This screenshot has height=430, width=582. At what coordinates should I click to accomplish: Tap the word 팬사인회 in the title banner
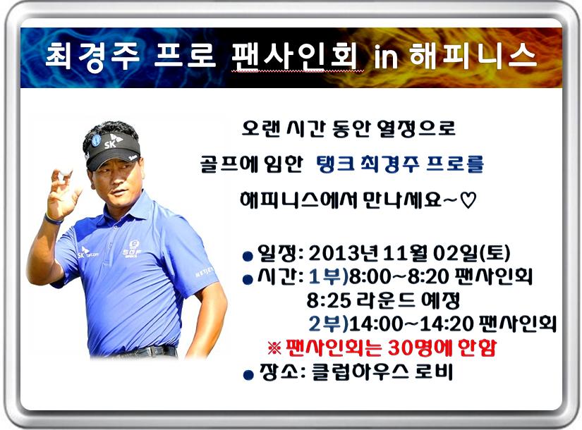tap(294, 56)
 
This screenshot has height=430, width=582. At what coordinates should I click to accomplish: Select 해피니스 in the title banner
tap(473, 56)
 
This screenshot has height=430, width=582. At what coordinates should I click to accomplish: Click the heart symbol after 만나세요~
tap(468, 201)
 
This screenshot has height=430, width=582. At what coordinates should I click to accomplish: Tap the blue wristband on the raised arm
tap(53, 219)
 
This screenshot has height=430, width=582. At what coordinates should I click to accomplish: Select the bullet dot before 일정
tap(248, 256)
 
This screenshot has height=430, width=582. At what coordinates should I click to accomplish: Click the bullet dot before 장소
tap(248, 375)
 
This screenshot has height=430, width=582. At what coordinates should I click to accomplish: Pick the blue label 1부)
tap(328, 276)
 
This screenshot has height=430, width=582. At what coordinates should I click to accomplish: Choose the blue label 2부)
tap(328, 324)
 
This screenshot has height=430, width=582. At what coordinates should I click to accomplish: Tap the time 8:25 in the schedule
tap(329, 300)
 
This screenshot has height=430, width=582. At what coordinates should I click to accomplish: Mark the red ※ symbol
tap(274, 348)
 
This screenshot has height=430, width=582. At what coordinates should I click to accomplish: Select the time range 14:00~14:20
tap(411, 324)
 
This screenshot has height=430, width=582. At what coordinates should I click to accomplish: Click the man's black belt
tap(148, 352)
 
